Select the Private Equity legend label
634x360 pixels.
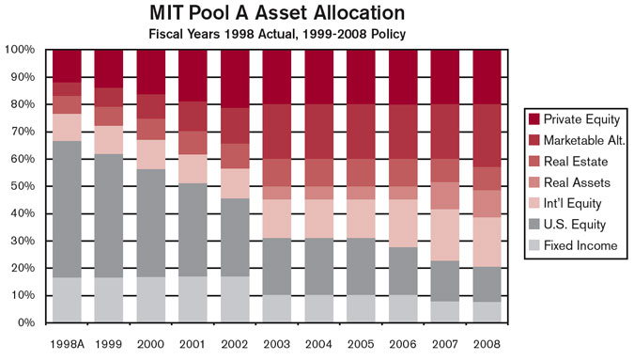[x=580, y=119]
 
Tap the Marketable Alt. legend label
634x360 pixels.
[x=586, y=140]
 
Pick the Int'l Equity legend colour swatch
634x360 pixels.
[x=534, y=203]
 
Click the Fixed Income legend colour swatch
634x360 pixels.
[x=534, y=245]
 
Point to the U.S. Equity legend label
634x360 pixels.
[x=574, y=225]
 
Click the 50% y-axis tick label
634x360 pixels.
[x=23, y=186]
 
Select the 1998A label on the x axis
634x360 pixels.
[x=67, y=341]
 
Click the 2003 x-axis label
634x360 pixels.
[x=278, y=341]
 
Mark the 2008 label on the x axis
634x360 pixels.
[x=487, y=341]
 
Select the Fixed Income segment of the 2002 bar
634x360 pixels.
[x=236, y=298]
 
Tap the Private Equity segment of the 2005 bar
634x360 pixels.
[x=362, y=75]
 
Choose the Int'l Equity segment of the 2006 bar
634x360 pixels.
[x=404, y=223]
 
